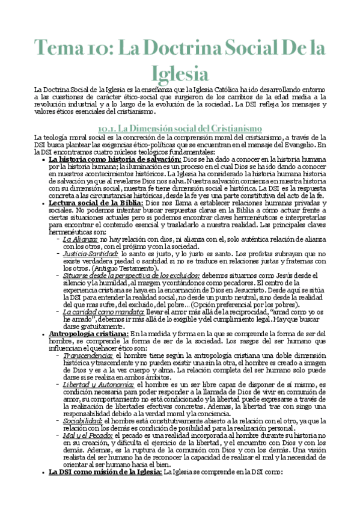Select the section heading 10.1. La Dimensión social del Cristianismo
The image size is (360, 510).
179,128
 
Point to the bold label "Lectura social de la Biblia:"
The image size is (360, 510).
96,203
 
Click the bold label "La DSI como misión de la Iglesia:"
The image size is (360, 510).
105,472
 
